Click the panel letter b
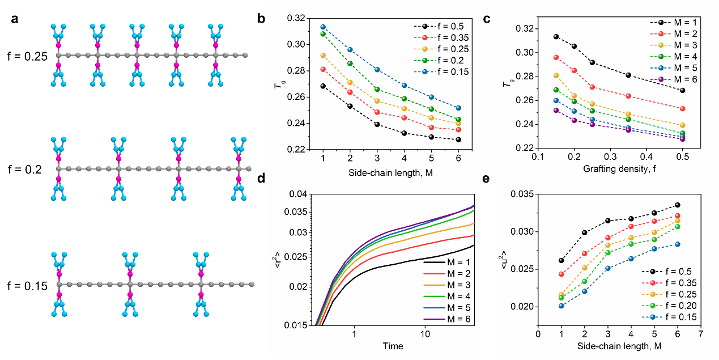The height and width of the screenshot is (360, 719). click(x=262, y=18)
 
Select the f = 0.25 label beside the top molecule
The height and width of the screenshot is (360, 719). click(x=25, y=56)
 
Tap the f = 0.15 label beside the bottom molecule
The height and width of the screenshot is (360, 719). click(x=25, y=285)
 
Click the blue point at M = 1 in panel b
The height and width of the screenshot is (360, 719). click(x=323, y=27)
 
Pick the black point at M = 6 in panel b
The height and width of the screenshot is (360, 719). click(x=458, y=139)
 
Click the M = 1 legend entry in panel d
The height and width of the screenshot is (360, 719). click(x=451, y=261)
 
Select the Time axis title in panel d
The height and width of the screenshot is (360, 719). click(x=393, y=346)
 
